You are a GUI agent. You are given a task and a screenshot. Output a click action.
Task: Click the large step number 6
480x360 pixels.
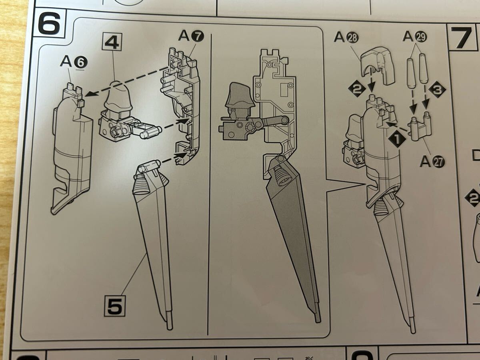(x=49, y=24)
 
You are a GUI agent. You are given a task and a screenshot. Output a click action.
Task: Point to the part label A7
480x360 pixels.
(x=191, y=36)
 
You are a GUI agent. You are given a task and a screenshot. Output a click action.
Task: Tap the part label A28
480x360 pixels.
(x=346, y=37)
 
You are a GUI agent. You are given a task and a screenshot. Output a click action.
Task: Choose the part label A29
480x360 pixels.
(x=415, y=36)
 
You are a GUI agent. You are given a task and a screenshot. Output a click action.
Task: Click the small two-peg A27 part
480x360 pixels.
(x=420, y=127)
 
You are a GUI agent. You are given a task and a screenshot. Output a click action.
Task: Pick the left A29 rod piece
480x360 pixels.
(x=411, y=73)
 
